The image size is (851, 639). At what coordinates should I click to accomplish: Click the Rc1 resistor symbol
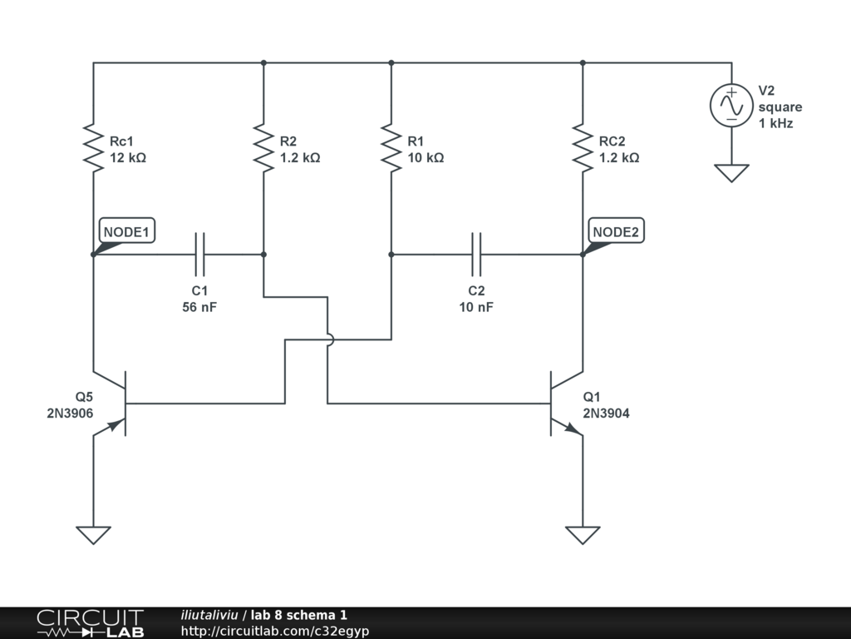click(93, 148)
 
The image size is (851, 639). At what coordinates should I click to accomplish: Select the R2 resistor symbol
click(263, 148)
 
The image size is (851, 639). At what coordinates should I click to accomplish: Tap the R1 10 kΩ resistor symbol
click(391, 148)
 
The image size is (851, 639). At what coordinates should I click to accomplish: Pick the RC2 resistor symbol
click(583, 148)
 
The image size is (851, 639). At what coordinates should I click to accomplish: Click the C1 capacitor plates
click(199, 254)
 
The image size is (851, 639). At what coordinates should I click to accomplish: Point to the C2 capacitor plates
click(476, 254)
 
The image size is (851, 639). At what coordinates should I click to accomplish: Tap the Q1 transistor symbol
click(559, 404)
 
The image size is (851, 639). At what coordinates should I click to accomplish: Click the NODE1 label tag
click(127, 231)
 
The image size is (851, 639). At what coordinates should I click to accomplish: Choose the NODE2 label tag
click(616, 231)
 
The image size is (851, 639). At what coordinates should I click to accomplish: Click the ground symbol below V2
click(731, 173)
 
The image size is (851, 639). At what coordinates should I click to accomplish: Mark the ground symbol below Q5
click(93, 535)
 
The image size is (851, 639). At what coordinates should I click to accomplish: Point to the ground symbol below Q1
click(583, 535)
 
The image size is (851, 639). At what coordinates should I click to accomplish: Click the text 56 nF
click(199, 307)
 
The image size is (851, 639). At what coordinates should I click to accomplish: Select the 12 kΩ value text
click(128, 157)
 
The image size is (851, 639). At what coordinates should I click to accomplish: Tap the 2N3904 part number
click(606, 413)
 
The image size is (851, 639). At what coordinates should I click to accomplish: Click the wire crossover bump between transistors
click(328, 339)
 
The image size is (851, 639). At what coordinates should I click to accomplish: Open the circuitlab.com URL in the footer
click(274, 631)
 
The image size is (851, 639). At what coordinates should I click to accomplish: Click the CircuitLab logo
click(90, 623)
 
